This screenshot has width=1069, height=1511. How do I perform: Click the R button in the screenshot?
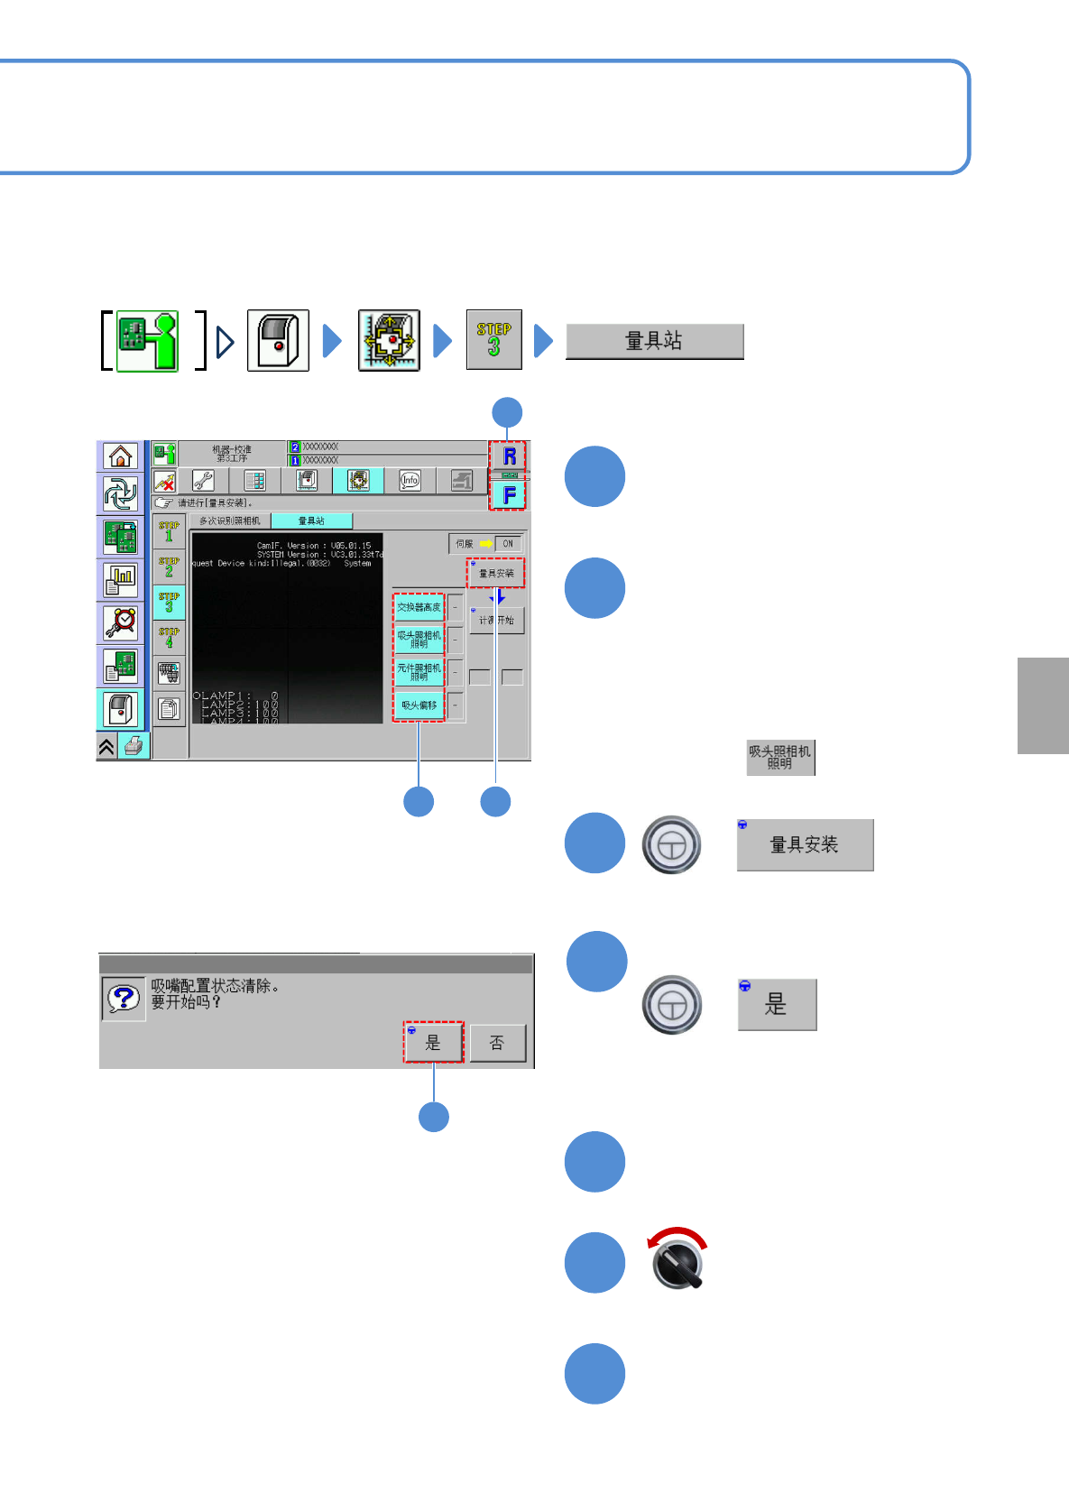pos(508,456)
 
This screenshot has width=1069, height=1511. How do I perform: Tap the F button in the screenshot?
pos(508,494)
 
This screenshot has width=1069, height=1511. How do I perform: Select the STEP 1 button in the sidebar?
pos(169,532)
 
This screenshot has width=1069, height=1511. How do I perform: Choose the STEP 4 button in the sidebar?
pos(169,638)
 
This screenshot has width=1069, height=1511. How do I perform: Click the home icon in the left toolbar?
pos(120,456)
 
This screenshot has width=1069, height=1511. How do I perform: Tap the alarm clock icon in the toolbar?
pos(120,622)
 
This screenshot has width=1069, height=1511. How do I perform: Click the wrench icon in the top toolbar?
pos(204,481)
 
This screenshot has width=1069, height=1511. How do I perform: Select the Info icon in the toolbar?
pos(410,481)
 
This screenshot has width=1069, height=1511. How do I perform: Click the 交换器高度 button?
pos(419,607)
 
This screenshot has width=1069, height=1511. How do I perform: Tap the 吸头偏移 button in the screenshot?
pos(419,705)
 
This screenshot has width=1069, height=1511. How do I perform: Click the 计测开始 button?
pos(496,621)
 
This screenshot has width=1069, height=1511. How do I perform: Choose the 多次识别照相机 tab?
pos(230,521)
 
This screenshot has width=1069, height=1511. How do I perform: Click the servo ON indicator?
pos(507,544)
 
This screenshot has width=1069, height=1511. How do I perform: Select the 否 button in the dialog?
pos(497,1044)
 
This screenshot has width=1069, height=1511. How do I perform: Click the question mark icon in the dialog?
pos(124,999)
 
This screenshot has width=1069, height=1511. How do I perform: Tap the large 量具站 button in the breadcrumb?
pos(654,341)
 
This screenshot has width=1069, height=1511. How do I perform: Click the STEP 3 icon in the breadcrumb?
pos(493,339)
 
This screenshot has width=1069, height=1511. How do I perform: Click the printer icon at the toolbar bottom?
pos(134,746)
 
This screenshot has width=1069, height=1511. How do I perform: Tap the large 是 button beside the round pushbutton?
pos(777,1004)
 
